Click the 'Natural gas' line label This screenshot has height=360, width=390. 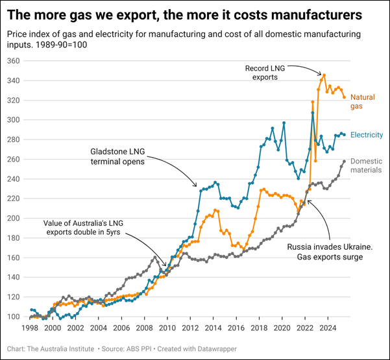(361, 101)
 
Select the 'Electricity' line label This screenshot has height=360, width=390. (366, 135)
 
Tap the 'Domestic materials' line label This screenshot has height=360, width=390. (366, 166)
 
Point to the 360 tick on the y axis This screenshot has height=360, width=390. (14, 60)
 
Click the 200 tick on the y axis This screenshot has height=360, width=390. (14, 218)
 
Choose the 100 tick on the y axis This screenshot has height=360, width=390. (14, 317)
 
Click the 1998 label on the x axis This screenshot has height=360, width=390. (30, 328)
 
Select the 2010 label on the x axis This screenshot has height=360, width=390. (167, 328)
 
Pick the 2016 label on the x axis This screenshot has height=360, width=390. (236, 328)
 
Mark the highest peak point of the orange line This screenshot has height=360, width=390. (324, 75)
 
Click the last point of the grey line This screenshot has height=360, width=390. (344, 161)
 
